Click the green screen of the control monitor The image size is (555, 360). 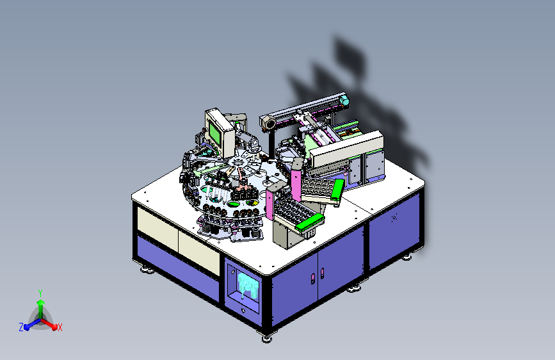pyautogui.click(x=215, y=132)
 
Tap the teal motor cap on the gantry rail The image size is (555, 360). pyautogui.click(x=344, y=101)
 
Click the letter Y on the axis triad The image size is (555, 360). pyautogui.click(x=40, y=293)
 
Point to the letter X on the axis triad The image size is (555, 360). pyautogui.click(x=60, y=327)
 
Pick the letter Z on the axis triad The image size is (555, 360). pyautogui.click(x=21, y=327)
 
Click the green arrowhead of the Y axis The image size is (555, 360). pyautogui.click(x=41, y=302)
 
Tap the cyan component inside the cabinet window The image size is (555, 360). pyautogui.click(x=248, y=284)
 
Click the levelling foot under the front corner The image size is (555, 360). pyautogui.click(x=267, y=339)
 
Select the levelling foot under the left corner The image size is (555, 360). pyautogui.click(x=147, y=270)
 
